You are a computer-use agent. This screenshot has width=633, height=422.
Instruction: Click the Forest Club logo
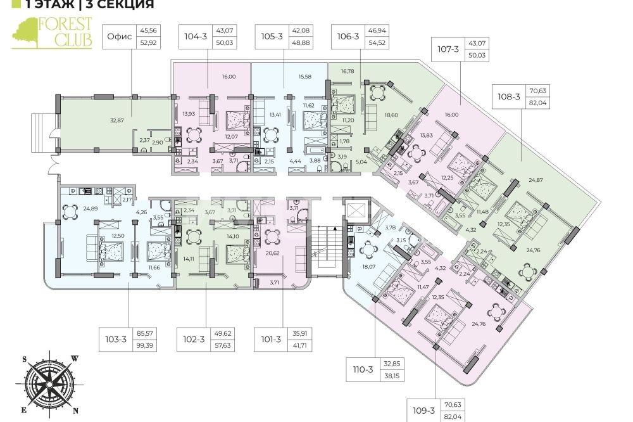52,33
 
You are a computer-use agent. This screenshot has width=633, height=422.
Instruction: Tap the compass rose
49,384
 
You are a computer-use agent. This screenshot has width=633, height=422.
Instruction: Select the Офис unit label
120,37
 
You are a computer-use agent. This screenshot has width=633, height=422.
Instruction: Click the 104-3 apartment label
196,37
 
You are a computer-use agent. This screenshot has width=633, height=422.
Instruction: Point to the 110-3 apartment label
363,369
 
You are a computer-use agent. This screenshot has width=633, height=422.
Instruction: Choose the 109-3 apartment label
424,411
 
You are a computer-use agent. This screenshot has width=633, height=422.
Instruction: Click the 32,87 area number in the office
117,120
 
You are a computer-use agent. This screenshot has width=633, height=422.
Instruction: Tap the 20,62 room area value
272,253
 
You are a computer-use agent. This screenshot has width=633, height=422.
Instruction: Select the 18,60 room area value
391,115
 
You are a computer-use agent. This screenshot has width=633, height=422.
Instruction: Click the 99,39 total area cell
145,345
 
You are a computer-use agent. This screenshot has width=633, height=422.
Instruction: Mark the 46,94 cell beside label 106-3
377,30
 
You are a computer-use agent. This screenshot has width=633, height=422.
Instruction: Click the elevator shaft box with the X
356,210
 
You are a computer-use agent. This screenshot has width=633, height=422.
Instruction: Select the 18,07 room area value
368,267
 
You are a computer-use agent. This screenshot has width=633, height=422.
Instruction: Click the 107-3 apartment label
448,49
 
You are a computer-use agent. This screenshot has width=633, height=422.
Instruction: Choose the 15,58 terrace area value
305,77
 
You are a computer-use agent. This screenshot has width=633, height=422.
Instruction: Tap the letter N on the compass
75,411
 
